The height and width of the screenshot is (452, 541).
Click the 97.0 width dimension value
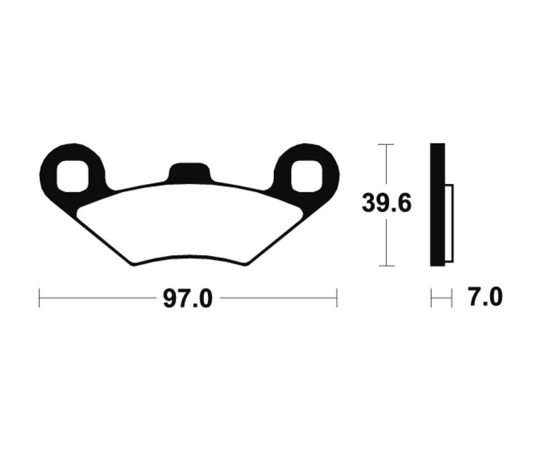tap(188, 298)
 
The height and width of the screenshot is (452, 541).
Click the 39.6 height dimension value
tap(387, 204)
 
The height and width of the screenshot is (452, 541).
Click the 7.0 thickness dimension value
tap(484, 298)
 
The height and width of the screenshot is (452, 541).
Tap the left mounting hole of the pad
tap(73, 176)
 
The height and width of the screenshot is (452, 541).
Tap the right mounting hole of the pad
tap(307, 176)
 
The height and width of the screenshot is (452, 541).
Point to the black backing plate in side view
tap(438, 204)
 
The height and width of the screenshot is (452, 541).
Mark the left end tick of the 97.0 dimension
tap(39, 298)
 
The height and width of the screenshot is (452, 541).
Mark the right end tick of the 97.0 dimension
tap(337, 298)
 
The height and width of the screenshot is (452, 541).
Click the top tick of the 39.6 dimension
tap(385, 144)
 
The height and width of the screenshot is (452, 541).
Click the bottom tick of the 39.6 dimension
tap(385, 266)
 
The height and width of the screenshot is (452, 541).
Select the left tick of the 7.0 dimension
tap(432, 298)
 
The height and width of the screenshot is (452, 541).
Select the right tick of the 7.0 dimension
tap(451, 298)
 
